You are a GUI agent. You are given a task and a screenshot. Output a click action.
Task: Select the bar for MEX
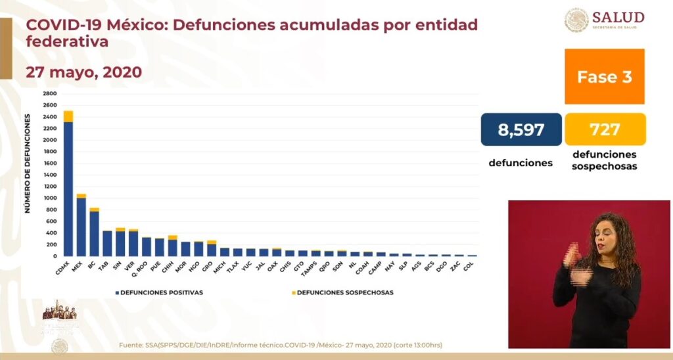81,226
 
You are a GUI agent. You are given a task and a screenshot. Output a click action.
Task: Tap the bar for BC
95,233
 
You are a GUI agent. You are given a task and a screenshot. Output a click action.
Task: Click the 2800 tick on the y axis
50,94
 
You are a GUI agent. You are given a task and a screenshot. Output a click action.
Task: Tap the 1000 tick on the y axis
50,198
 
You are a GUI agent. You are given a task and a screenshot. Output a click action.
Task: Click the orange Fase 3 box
604,77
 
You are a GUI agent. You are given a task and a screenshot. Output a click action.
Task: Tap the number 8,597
521,129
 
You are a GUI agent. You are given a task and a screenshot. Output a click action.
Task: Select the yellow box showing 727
605,129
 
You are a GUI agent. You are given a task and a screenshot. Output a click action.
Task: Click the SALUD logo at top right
604,20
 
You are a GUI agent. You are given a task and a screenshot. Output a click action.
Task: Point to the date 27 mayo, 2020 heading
83,72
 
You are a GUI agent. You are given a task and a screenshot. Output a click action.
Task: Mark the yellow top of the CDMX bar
68,116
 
